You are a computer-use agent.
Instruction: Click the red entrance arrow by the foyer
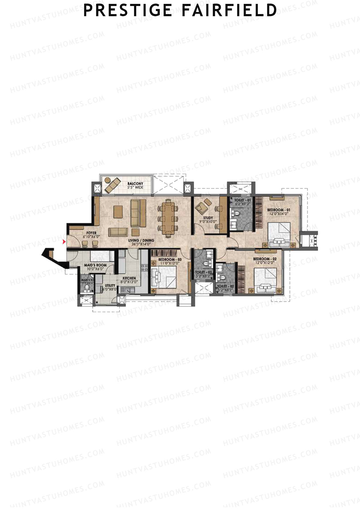pos(64,242)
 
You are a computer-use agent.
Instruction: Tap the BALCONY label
pos(135,184)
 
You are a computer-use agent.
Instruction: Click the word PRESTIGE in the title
pos(128,10)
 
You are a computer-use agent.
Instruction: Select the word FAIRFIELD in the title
pos(229,10)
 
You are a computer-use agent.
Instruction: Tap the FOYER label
pos(91,233)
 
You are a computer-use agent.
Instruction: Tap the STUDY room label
pos(208,218)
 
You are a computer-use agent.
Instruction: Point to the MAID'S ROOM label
pos(95,265)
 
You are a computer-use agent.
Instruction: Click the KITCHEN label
pos(129,278)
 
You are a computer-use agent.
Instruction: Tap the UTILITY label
pos(110,286)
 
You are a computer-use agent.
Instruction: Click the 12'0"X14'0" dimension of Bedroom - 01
pos(278,214)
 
